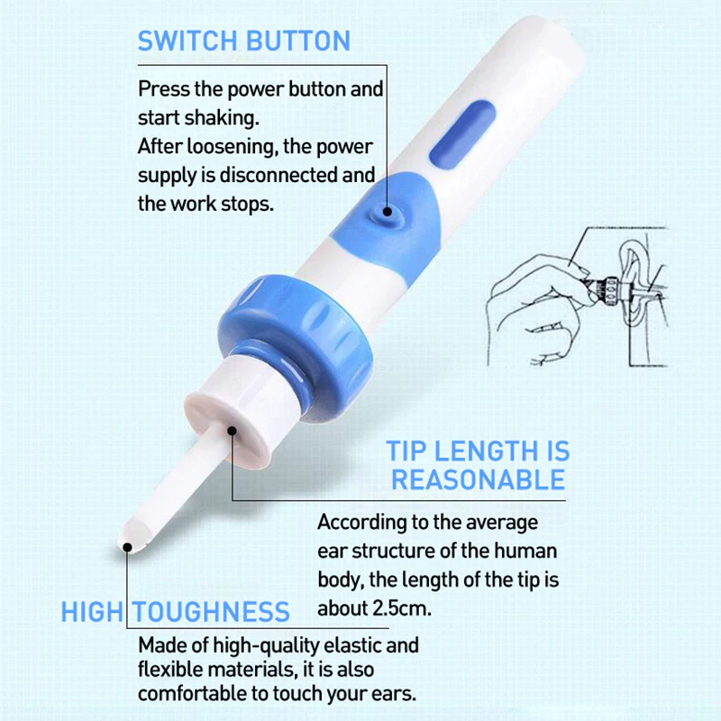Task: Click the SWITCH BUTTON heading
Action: point(243,41)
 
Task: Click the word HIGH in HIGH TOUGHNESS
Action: point(91,612)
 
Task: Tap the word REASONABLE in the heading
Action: point(478,479)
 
